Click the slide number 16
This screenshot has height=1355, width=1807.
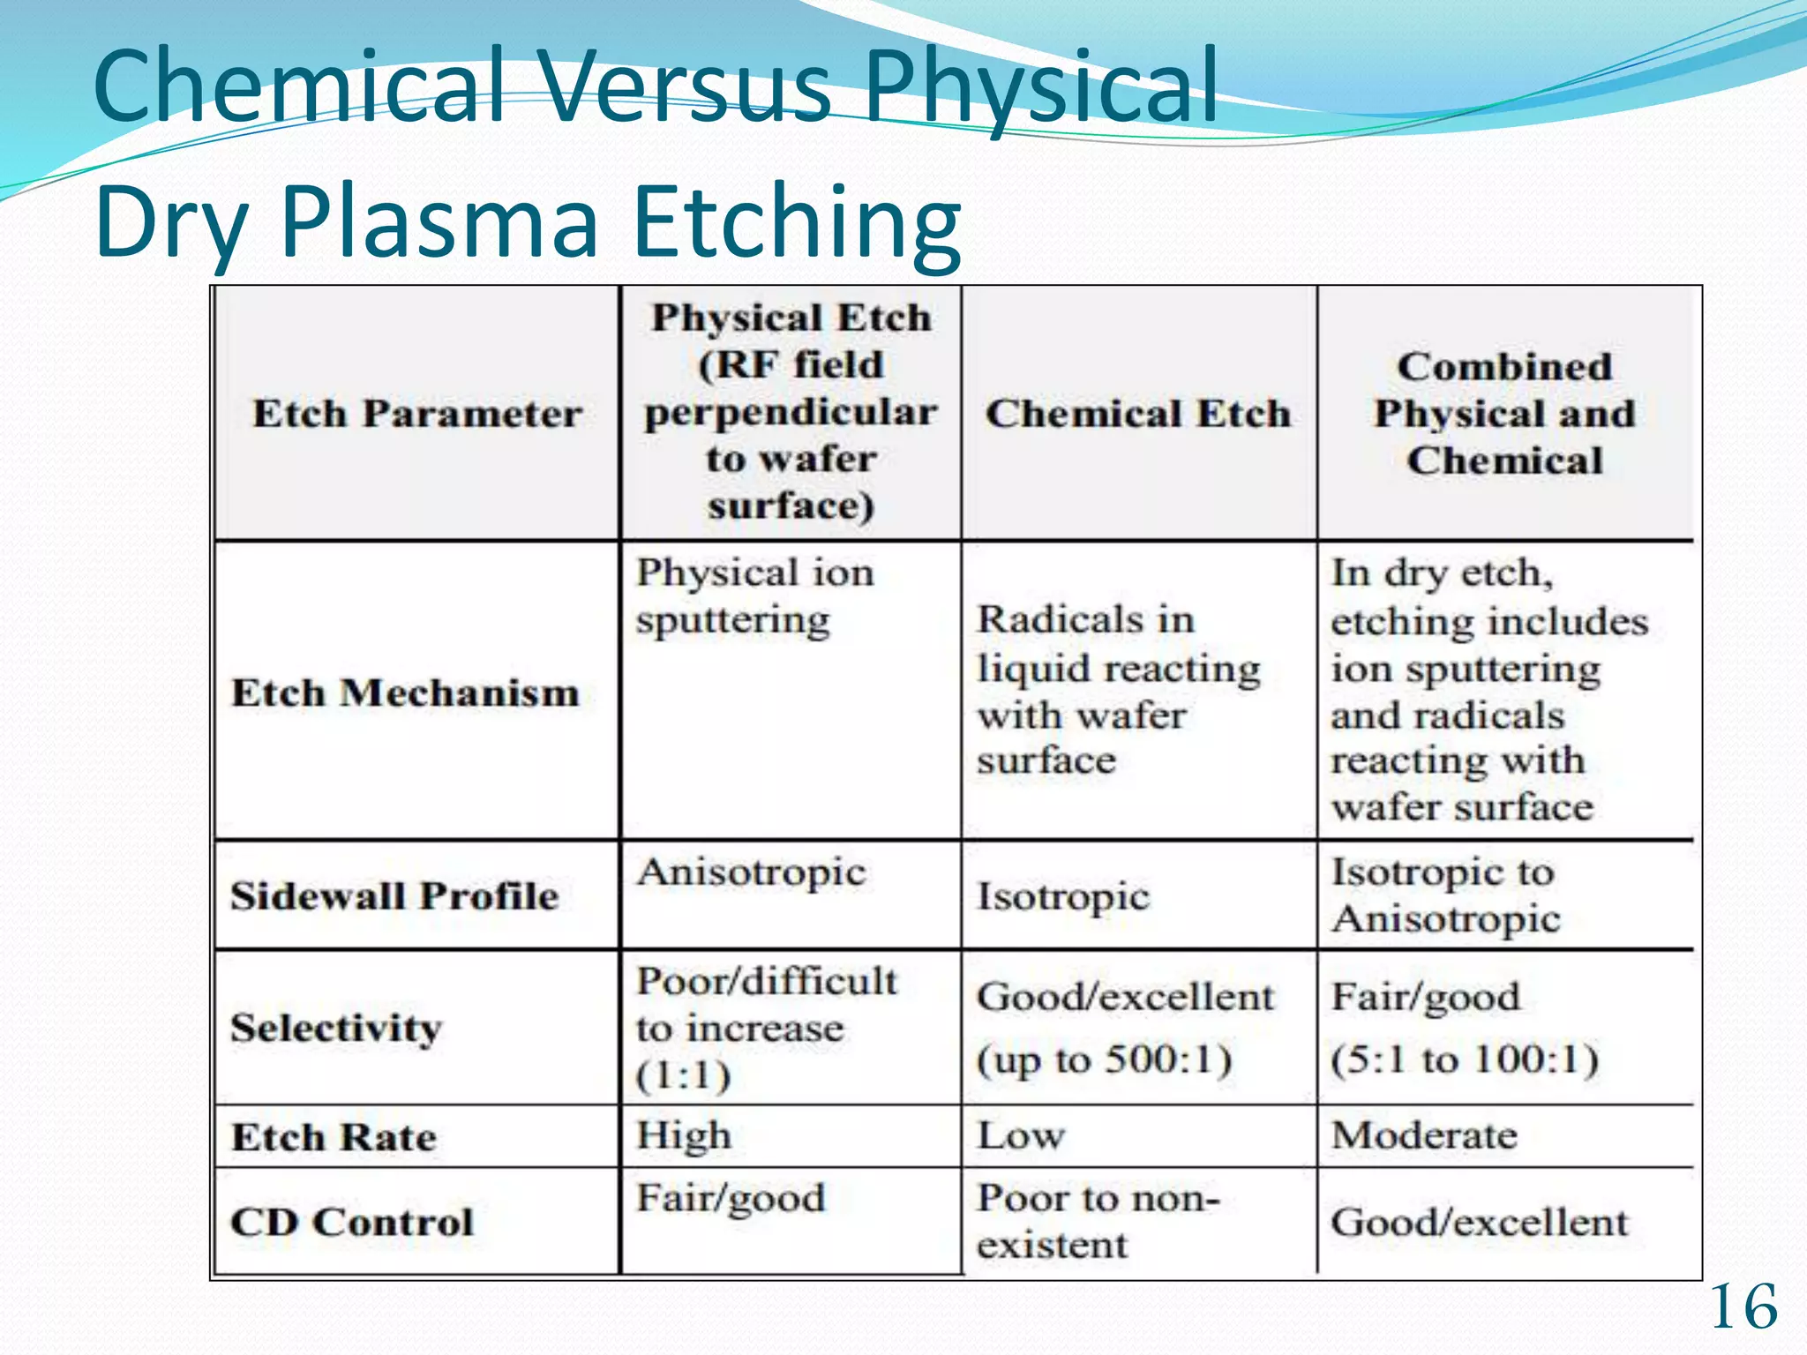coord(1743,1307)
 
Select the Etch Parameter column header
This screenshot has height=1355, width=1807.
coord(417,414)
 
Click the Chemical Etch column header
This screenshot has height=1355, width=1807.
coord(1138,414)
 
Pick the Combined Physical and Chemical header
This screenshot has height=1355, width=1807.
coord(1504,414)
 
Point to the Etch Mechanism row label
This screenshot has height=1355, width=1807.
coord(405,692)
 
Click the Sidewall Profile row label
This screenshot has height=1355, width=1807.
coord(394,896)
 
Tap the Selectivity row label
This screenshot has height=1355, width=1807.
coord(336,1029)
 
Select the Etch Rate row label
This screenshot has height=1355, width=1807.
coord(334,1137)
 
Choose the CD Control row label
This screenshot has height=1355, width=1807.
coord(352,1223)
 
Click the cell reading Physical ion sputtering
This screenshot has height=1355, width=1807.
coord(754,596)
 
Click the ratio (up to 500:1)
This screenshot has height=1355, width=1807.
coord(1104,1059)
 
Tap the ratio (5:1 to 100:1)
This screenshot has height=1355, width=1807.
coord(1465,1059)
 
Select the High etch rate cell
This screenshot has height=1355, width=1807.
coord(684,1135)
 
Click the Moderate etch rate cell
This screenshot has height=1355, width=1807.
coord(1424,1135)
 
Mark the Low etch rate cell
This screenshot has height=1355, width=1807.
coord(1021,1135)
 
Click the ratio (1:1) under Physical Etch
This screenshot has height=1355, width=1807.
coord(684,1076)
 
